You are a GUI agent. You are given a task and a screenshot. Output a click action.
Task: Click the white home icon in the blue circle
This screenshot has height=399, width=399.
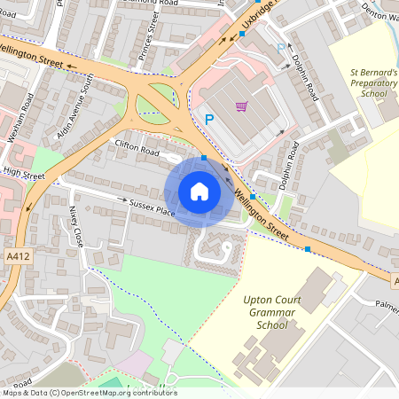point(199,192)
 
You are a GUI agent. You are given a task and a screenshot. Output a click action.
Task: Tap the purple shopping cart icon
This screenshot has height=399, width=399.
point(241,106)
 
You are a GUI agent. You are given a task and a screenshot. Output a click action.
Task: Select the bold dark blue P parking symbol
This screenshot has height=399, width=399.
point(210,119)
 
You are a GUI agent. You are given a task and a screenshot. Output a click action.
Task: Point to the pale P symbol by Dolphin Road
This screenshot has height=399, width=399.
point(282,49)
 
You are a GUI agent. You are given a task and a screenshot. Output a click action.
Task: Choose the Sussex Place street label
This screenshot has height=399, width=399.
point(153,209)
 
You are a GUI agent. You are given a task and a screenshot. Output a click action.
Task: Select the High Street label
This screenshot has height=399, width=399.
point(24,175)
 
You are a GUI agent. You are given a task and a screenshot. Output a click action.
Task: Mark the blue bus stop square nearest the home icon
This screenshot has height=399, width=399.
point(204,158)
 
